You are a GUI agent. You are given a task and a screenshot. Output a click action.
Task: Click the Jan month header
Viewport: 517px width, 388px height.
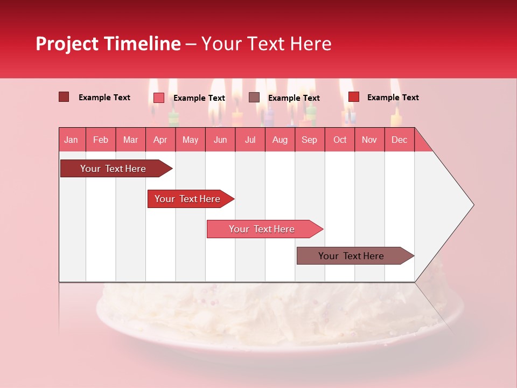[71, 140]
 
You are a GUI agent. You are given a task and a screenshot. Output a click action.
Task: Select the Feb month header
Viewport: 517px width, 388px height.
[101, 140]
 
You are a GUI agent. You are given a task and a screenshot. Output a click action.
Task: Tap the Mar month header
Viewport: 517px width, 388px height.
[130, 140]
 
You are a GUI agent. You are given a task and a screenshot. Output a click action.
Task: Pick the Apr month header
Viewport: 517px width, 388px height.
[160, 140]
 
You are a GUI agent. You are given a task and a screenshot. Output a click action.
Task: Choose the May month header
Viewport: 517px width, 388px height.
[190, 140]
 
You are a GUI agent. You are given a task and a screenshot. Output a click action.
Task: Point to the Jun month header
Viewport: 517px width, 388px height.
[220, 140]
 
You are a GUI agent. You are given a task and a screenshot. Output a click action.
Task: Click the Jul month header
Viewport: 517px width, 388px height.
[250, 140]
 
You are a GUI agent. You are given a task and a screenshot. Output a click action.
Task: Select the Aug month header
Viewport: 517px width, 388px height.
[280, 140]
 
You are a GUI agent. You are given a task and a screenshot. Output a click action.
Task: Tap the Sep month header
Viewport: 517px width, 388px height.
[309, 140]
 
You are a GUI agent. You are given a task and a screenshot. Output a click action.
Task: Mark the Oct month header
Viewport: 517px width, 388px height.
[340, 140]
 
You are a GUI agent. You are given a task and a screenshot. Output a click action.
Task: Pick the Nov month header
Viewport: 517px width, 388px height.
[369, 140]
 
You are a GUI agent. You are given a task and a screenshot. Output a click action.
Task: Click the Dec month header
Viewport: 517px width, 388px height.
[399, 140]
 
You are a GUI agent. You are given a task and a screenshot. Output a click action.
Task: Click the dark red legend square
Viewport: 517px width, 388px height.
[64, 97]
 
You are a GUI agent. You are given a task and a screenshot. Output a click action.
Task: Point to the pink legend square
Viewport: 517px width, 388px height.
[159, 98]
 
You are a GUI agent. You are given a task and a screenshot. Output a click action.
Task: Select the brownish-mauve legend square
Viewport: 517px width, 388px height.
[254, 97]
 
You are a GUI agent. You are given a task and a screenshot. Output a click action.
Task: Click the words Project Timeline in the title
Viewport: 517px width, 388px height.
[108, 44]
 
